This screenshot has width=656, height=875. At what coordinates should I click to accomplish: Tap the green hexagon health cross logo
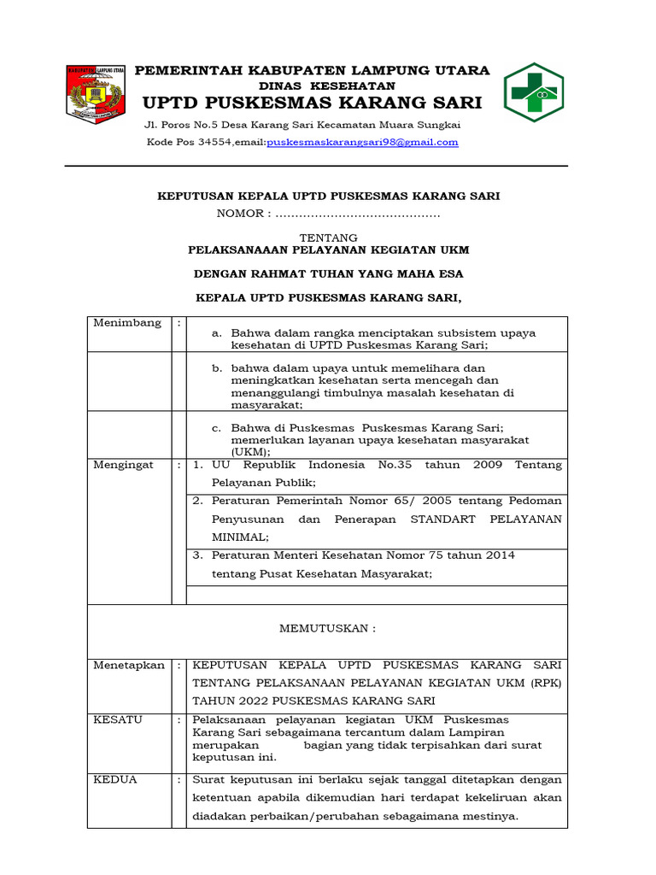click(x=533, y=92)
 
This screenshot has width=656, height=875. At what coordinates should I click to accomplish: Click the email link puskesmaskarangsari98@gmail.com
click(x=362, y=143)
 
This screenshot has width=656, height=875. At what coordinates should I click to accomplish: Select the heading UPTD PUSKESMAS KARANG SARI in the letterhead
click(x=312, y=103)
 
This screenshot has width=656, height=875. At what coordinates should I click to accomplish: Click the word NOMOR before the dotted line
click(x=243, y=214)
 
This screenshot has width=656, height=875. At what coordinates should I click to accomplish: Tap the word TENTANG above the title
click(x=328, y=237)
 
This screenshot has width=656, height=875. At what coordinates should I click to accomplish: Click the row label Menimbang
click(x=127, y=323)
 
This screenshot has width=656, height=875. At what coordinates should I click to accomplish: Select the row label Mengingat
click(x=124, y=465)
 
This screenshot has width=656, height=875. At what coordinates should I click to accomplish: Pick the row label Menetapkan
click(x=129, y=665)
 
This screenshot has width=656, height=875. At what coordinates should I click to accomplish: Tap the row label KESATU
click(x=119, y=719)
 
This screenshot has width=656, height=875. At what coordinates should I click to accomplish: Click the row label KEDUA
click(x=115, y=779)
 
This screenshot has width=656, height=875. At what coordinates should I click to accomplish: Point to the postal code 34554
click(x=214, y=143)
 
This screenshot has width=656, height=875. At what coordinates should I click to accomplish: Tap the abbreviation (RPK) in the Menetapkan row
click(x=542, y=683)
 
